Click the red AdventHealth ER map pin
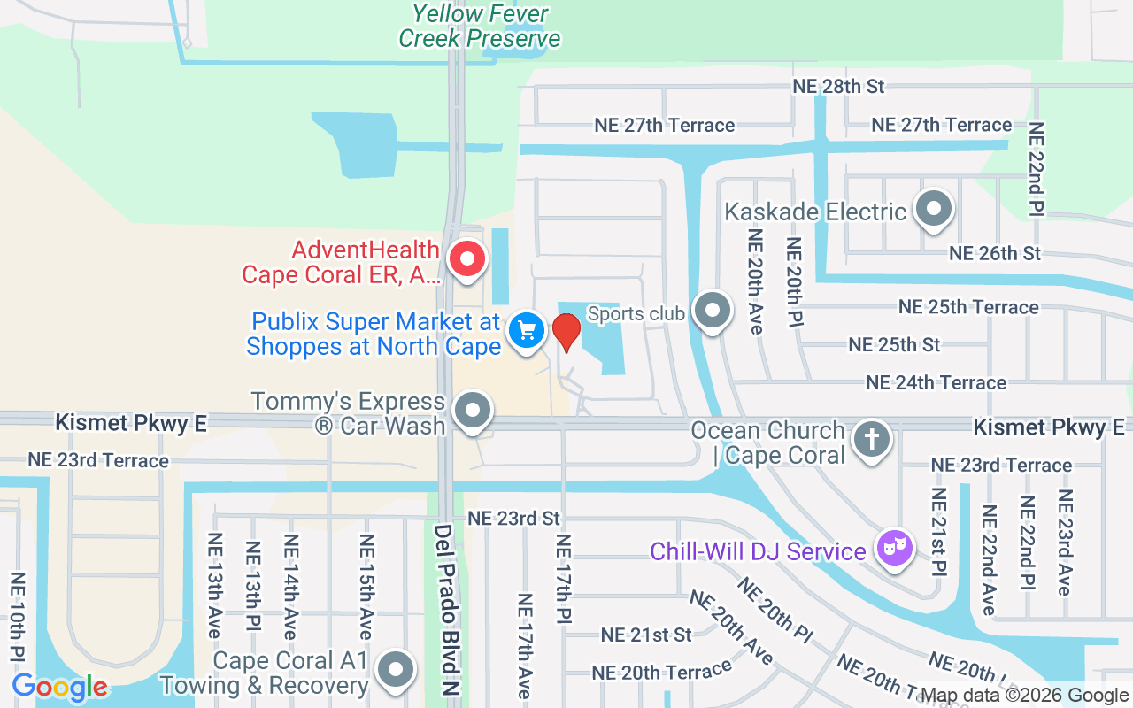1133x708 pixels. [467, 260]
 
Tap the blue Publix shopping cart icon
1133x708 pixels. [527, 332]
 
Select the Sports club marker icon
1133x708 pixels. [712, 312]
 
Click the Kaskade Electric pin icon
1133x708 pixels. [933, 210]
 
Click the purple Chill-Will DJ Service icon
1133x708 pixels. [894, 548]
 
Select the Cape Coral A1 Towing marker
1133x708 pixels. [396, 670]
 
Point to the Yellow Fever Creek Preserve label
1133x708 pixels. [480, 26]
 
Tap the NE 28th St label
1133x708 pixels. [838, 86]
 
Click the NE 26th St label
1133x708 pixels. [995, 253]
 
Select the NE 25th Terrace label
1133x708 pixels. [968, 307]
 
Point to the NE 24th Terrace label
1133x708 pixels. [936, 382]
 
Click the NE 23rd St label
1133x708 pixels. [514, 518]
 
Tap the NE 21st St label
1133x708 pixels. [646, 635]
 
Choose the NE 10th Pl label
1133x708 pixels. [17, 618]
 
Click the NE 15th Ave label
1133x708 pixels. [366, 587]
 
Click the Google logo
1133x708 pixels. [59, 687]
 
